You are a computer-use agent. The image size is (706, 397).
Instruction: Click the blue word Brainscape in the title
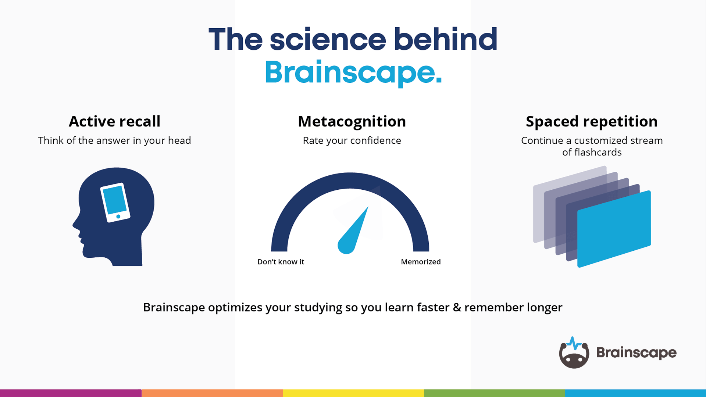coord(353,72)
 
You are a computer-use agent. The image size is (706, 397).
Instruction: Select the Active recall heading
coord(114,121)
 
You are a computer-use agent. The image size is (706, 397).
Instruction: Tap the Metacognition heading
coord(352,121)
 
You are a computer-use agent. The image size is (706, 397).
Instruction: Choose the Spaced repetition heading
coord(592,121)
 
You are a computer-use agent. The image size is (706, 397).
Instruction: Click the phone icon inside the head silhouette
coord(115,202)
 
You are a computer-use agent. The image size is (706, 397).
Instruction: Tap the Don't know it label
coord(281,262)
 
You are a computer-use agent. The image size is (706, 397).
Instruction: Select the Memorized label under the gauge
coord(421,262)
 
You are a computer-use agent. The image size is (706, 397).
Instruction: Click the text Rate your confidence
coord(352,140)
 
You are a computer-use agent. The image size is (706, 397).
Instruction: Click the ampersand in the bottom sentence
coord(457,307)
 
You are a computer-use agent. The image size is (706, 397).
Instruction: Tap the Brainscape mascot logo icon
coord(574,354)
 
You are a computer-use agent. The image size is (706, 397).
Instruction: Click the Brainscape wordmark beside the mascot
coord(636,353)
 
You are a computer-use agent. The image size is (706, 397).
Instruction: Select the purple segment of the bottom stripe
coord(71,393)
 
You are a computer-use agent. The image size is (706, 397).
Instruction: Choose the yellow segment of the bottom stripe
coord(353,393)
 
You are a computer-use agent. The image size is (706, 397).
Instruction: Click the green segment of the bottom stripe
coord(494,393)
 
